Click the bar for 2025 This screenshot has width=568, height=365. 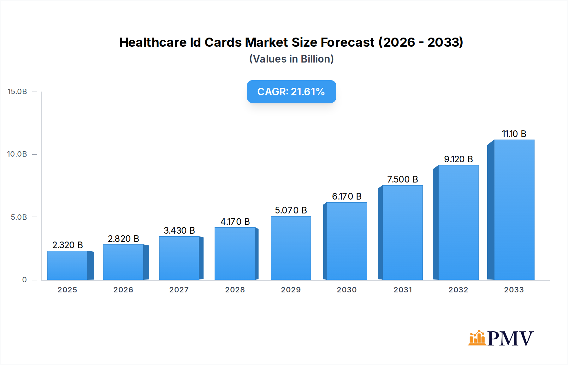68,265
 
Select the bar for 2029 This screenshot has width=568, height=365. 291,248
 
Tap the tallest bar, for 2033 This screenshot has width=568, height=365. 514,210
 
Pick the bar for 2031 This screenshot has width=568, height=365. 402,232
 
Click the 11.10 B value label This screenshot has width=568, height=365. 514,134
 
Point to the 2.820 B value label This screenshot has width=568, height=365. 123,239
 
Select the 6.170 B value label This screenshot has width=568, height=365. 346,196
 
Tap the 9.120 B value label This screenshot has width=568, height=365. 458,159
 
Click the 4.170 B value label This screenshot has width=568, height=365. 235,222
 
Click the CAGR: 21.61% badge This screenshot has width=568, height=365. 291,92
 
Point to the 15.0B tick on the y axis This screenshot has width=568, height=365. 17,92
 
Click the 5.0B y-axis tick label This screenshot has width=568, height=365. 19,217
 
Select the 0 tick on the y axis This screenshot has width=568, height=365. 25,280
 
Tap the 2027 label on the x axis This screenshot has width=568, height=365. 179,290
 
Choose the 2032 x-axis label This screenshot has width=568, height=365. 458,290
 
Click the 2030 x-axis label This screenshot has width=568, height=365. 346,290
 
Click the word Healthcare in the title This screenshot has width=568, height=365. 153,42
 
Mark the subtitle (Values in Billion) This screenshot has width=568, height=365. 291,59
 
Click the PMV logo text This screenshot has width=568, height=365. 510,338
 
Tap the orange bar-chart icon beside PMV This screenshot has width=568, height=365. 477,338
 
